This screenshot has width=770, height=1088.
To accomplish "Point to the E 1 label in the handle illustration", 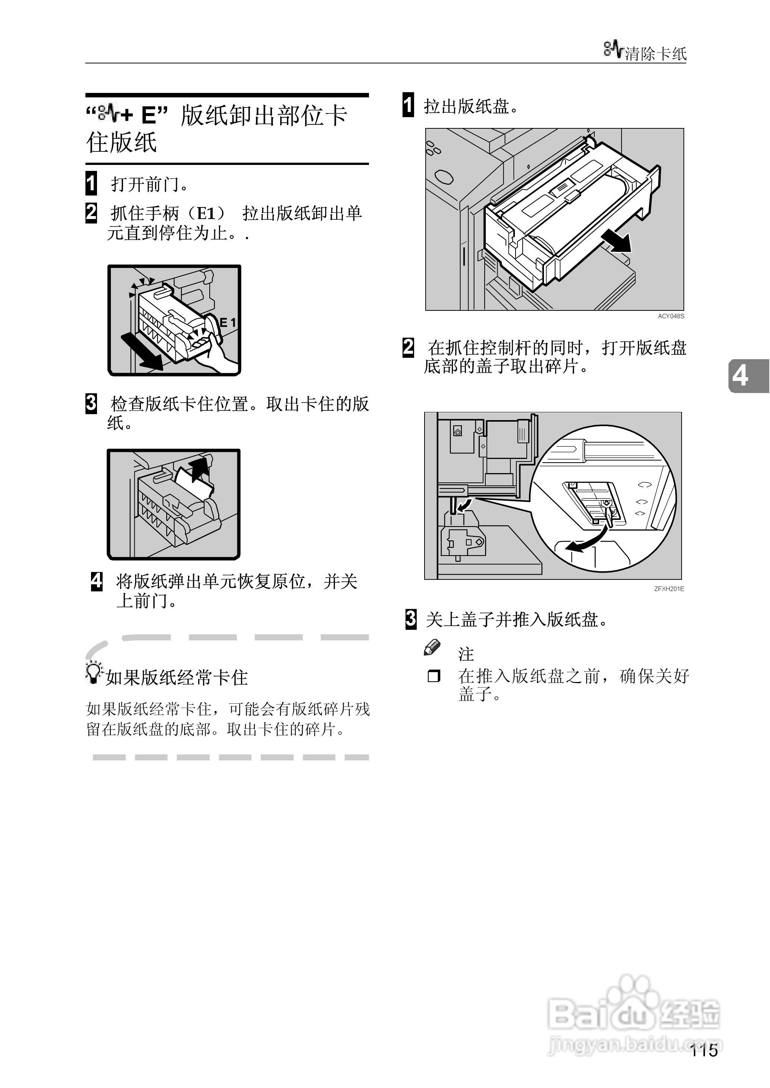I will [228, 323].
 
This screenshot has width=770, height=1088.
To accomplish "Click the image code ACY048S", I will [670, 316].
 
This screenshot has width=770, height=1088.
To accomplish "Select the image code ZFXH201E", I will [669, 589].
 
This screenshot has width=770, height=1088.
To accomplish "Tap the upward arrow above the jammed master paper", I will [199, 469].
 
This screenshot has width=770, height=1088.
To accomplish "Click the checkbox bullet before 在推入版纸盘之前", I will [433, 676].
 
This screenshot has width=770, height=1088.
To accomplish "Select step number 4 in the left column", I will [97, 581].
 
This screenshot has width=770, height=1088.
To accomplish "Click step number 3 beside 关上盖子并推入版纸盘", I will [411, 619].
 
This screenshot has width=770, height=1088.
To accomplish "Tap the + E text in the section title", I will [142, 115].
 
